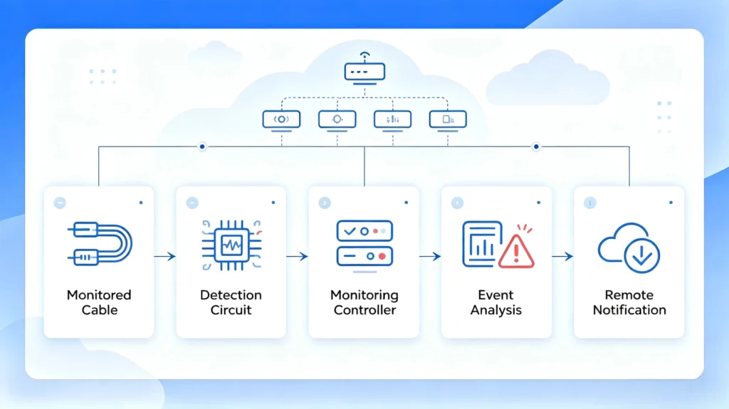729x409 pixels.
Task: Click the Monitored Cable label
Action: click(x=99, y=302)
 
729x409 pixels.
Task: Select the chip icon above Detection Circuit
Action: click(x=231, y=245)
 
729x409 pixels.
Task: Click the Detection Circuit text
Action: click(x=231, y=302)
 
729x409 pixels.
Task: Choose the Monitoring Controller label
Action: click(x=364, y=302)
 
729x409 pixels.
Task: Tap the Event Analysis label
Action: click(x=496, y=302)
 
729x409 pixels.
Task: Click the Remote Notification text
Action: click(x=629, y=302)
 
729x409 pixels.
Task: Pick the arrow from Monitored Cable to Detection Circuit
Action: click(x=165, y=256)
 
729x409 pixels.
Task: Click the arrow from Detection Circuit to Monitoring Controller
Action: click(x=298, y=256)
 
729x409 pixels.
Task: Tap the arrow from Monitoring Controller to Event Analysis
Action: click(x=430, y=256)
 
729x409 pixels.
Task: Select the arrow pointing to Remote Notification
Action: click(x=562, y=256)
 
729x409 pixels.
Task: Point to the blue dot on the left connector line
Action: click(x=202, y=147)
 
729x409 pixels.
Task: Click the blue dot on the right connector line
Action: click(x=536, y=147)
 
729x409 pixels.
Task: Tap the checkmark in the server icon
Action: click(x=350, y=231)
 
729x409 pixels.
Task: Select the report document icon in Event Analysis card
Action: click(x=482, y=243)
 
